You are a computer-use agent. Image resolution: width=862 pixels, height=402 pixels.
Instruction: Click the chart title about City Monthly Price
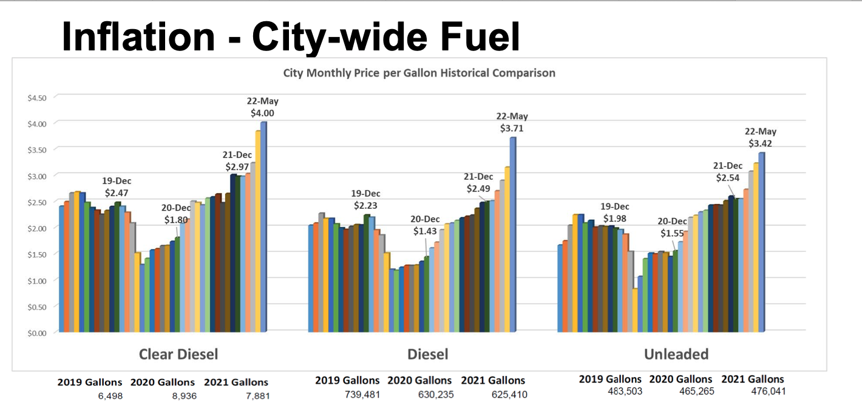419,73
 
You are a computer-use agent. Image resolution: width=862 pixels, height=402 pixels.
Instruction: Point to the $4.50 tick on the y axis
38,97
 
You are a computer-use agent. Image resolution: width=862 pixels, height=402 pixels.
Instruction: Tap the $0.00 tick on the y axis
38,332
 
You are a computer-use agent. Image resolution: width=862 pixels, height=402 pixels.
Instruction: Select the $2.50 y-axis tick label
38,202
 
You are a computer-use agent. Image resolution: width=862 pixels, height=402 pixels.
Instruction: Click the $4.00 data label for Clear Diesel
262,113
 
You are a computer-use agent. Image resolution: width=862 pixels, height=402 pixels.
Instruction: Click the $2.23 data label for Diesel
365,205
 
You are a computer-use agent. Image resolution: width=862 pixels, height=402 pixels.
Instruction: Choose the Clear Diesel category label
178,353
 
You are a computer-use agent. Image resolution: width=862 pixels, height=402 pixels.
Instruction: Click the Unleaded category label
676,353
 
